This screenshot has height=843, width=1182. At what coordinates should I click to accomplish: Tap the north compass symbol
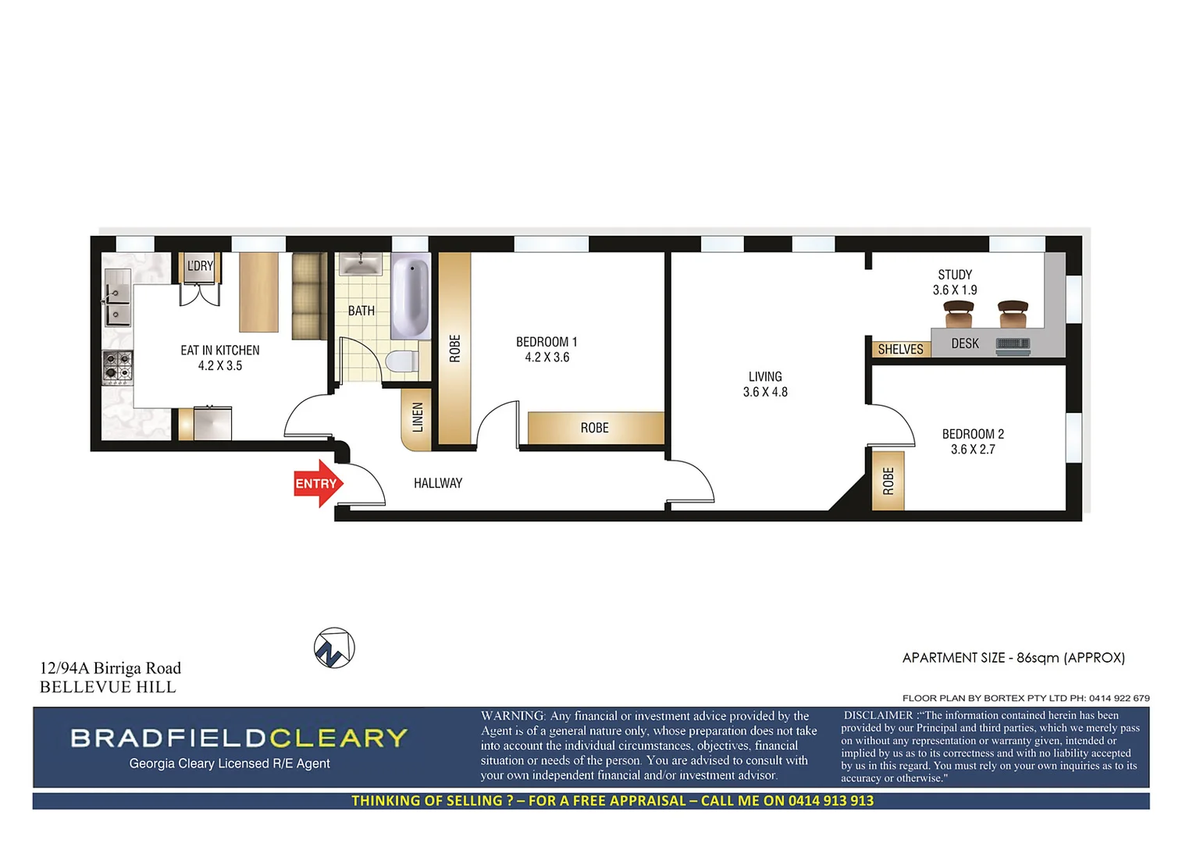pyautogui.click(x=334, y=648)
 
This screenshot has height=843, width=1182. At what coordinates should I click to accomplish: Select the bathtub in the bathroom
pyautogui.click(x=411, y=297)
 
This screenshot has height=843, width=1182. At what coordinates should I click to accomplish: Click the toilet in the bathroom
pyautogui.click(x=402, y=362)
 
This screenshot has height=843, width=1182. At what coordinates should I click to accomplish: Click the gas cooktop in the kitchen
pyautogui.click(x=118, y=367)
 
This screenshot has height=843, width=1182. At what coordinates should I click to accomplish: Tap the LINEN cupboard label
pyautogui.click(x=418, y=418)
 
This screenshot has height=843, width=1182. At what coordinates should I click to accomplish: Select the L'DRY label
pyautogui.click(x=200, y=266)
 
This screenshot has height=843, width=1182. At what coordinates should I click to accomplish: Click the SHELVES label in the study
pyautogui.click(x=900, y=350)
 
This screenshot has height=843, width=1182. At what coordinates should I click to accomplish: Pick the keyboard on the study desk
pyautogui.click(x=1013, y=344)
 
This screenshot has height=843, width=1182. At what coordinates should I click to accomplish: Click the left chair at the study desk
pyautogui.click(x=959, y=315)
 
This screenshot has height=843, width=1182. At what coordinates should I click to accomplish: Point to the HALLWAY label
pyautogui.click(x=438, y=483)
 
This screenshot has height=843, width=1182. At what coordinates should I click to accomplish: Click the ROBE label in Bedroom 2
pyautogui.click(x=888, y=481)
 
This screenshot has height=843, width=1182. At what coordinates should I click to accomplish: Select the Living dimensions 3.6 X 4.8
pyautogui.click(x=765, y=392)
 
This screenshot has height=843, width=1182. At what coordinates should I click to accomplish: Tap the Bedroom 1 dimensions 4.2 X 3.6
pyautogui.click(x=546, y=357)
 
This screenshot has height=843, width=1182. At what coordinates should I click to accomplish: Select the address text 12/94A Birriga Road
pyautogui.click(x=110, y=668)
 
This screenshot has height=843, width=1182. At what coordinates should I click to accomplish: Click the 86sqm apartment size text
pyautogui.click(x=1038, y=658)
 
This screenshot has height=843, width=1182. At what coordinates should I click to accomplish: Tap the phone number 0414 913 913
pyautogui.click(x=831, y=801)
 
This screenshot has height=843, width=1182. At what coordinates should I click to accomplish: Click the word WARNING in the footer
pyautogui.click(x=513, y=716)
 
